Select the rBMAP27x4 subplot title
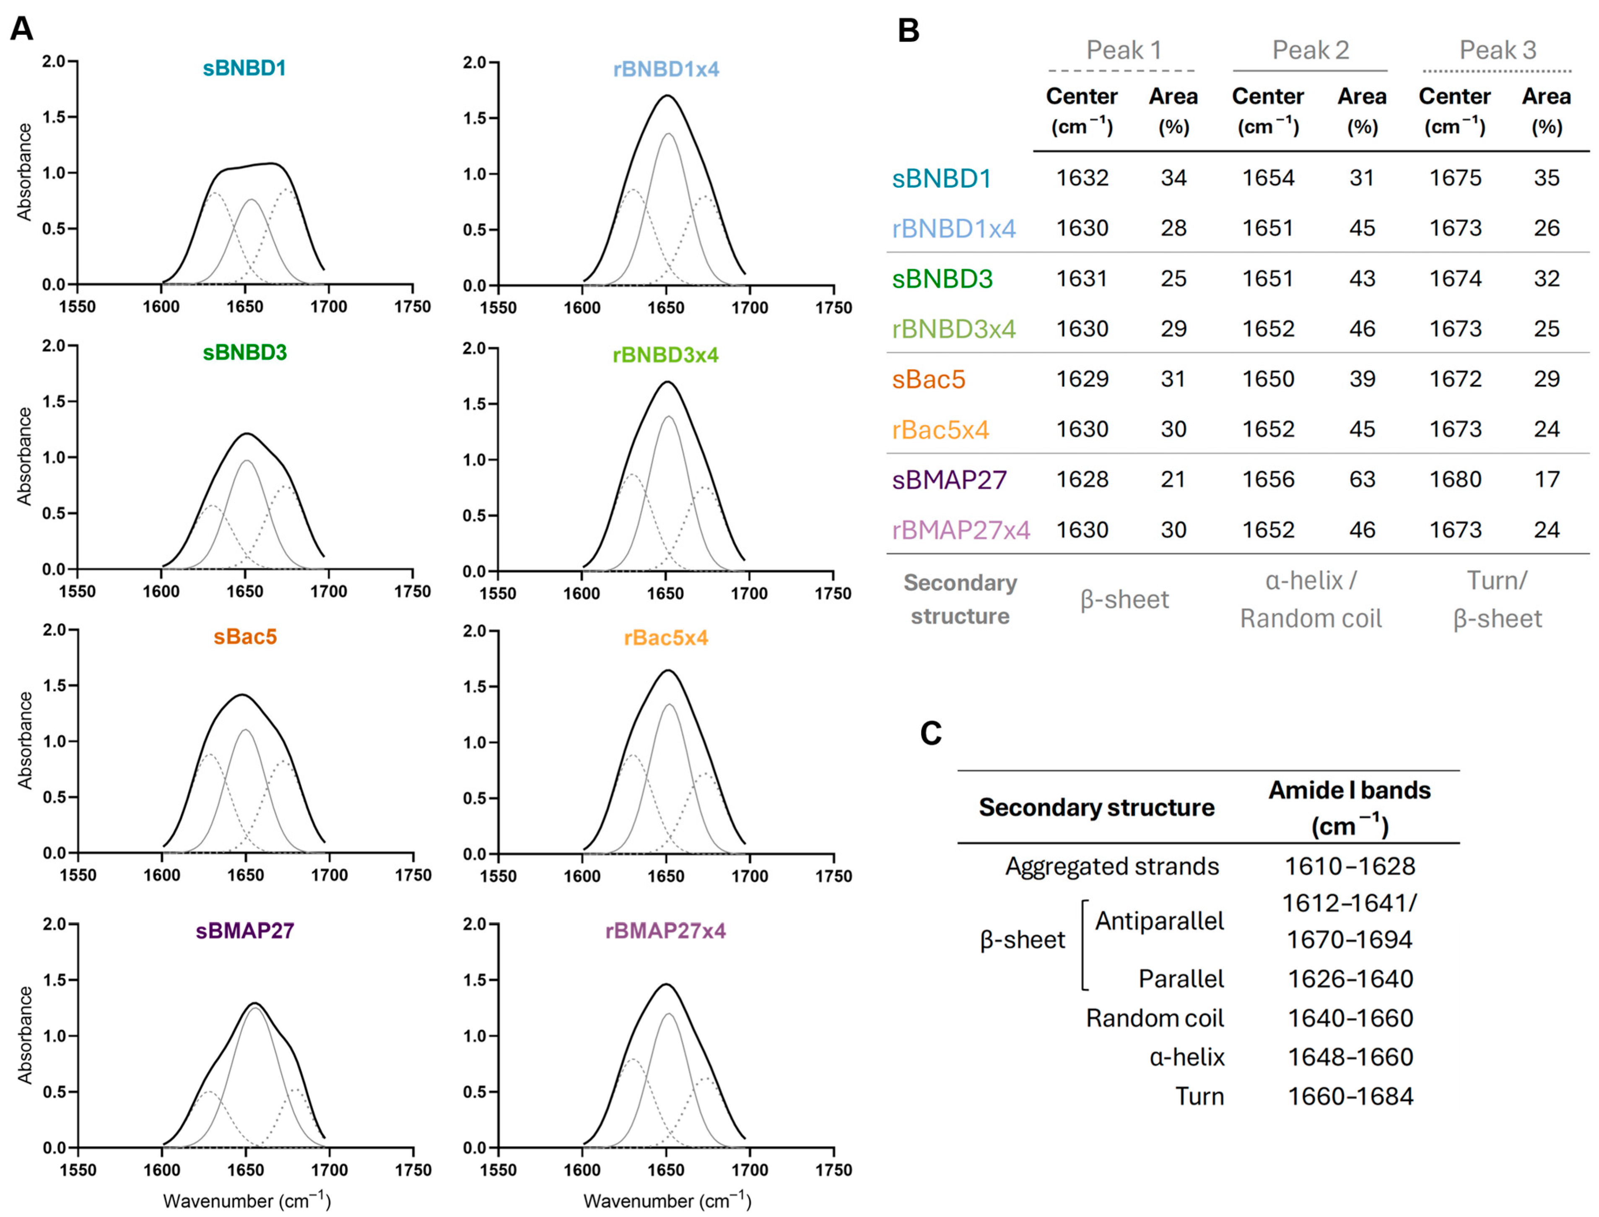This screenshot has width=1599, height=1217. coord(665,931)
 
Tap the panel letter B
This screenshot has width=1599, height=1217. coord(908,31)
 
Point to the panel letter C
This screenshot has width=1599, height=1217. coord(931,733)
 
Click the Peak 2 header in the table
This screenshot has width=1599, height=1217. coord(1310,50)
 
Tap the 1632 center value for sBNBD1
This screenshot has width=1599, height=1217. coord(1082,178)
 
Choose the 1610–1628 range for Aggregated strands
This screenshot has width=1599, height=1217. coord(1349,866)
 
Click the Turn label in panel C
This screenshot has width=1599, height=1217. coord(1199,1097)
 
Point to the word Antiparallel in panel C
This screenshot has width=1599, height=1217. coord(1159,921)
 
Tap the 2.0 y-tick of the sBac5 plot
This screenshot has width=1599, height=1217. coord(55,629)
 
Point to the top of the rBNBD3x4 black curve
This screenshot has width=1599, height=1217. coord(666,382)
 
